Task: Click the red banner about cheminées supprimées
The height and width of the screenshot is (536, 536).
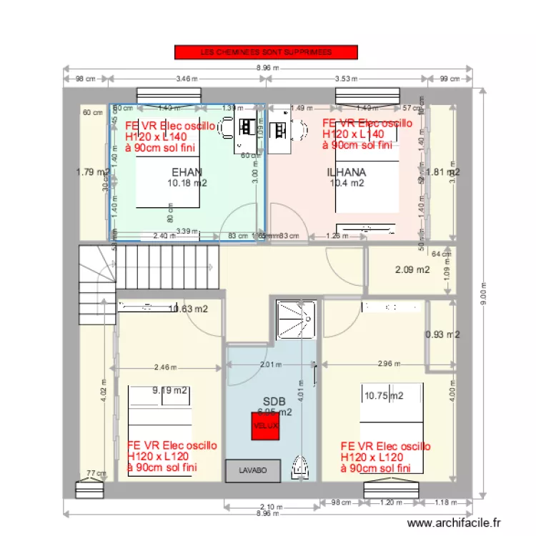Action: click(266, 52)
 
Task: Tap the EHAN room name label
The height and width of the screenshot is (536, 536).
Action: click(187, 172)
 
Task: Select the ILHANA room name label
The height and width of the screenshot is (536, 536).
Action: click(347, 172)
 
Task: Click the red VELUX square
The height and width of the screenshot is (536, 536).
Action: click(265, 426)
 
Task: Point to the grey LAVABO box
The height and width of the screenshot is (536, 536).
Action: click(253, 470)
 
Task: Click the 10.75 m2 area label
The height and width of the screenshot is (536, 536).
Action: click(384, 395)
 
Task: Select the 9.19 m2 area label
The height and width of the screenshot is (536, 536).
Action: click(170, 391)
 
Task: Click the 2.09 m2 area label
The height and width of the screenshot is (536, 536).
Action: click(412, 269)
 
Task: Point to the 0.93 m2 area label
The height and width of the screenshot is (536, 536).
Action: click(442, 334)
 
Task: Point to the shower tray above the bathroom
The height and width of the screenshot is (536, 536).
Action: click(297, 319)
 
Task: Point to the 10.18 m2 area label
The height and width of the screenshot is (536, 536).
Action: click(187, 183)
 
